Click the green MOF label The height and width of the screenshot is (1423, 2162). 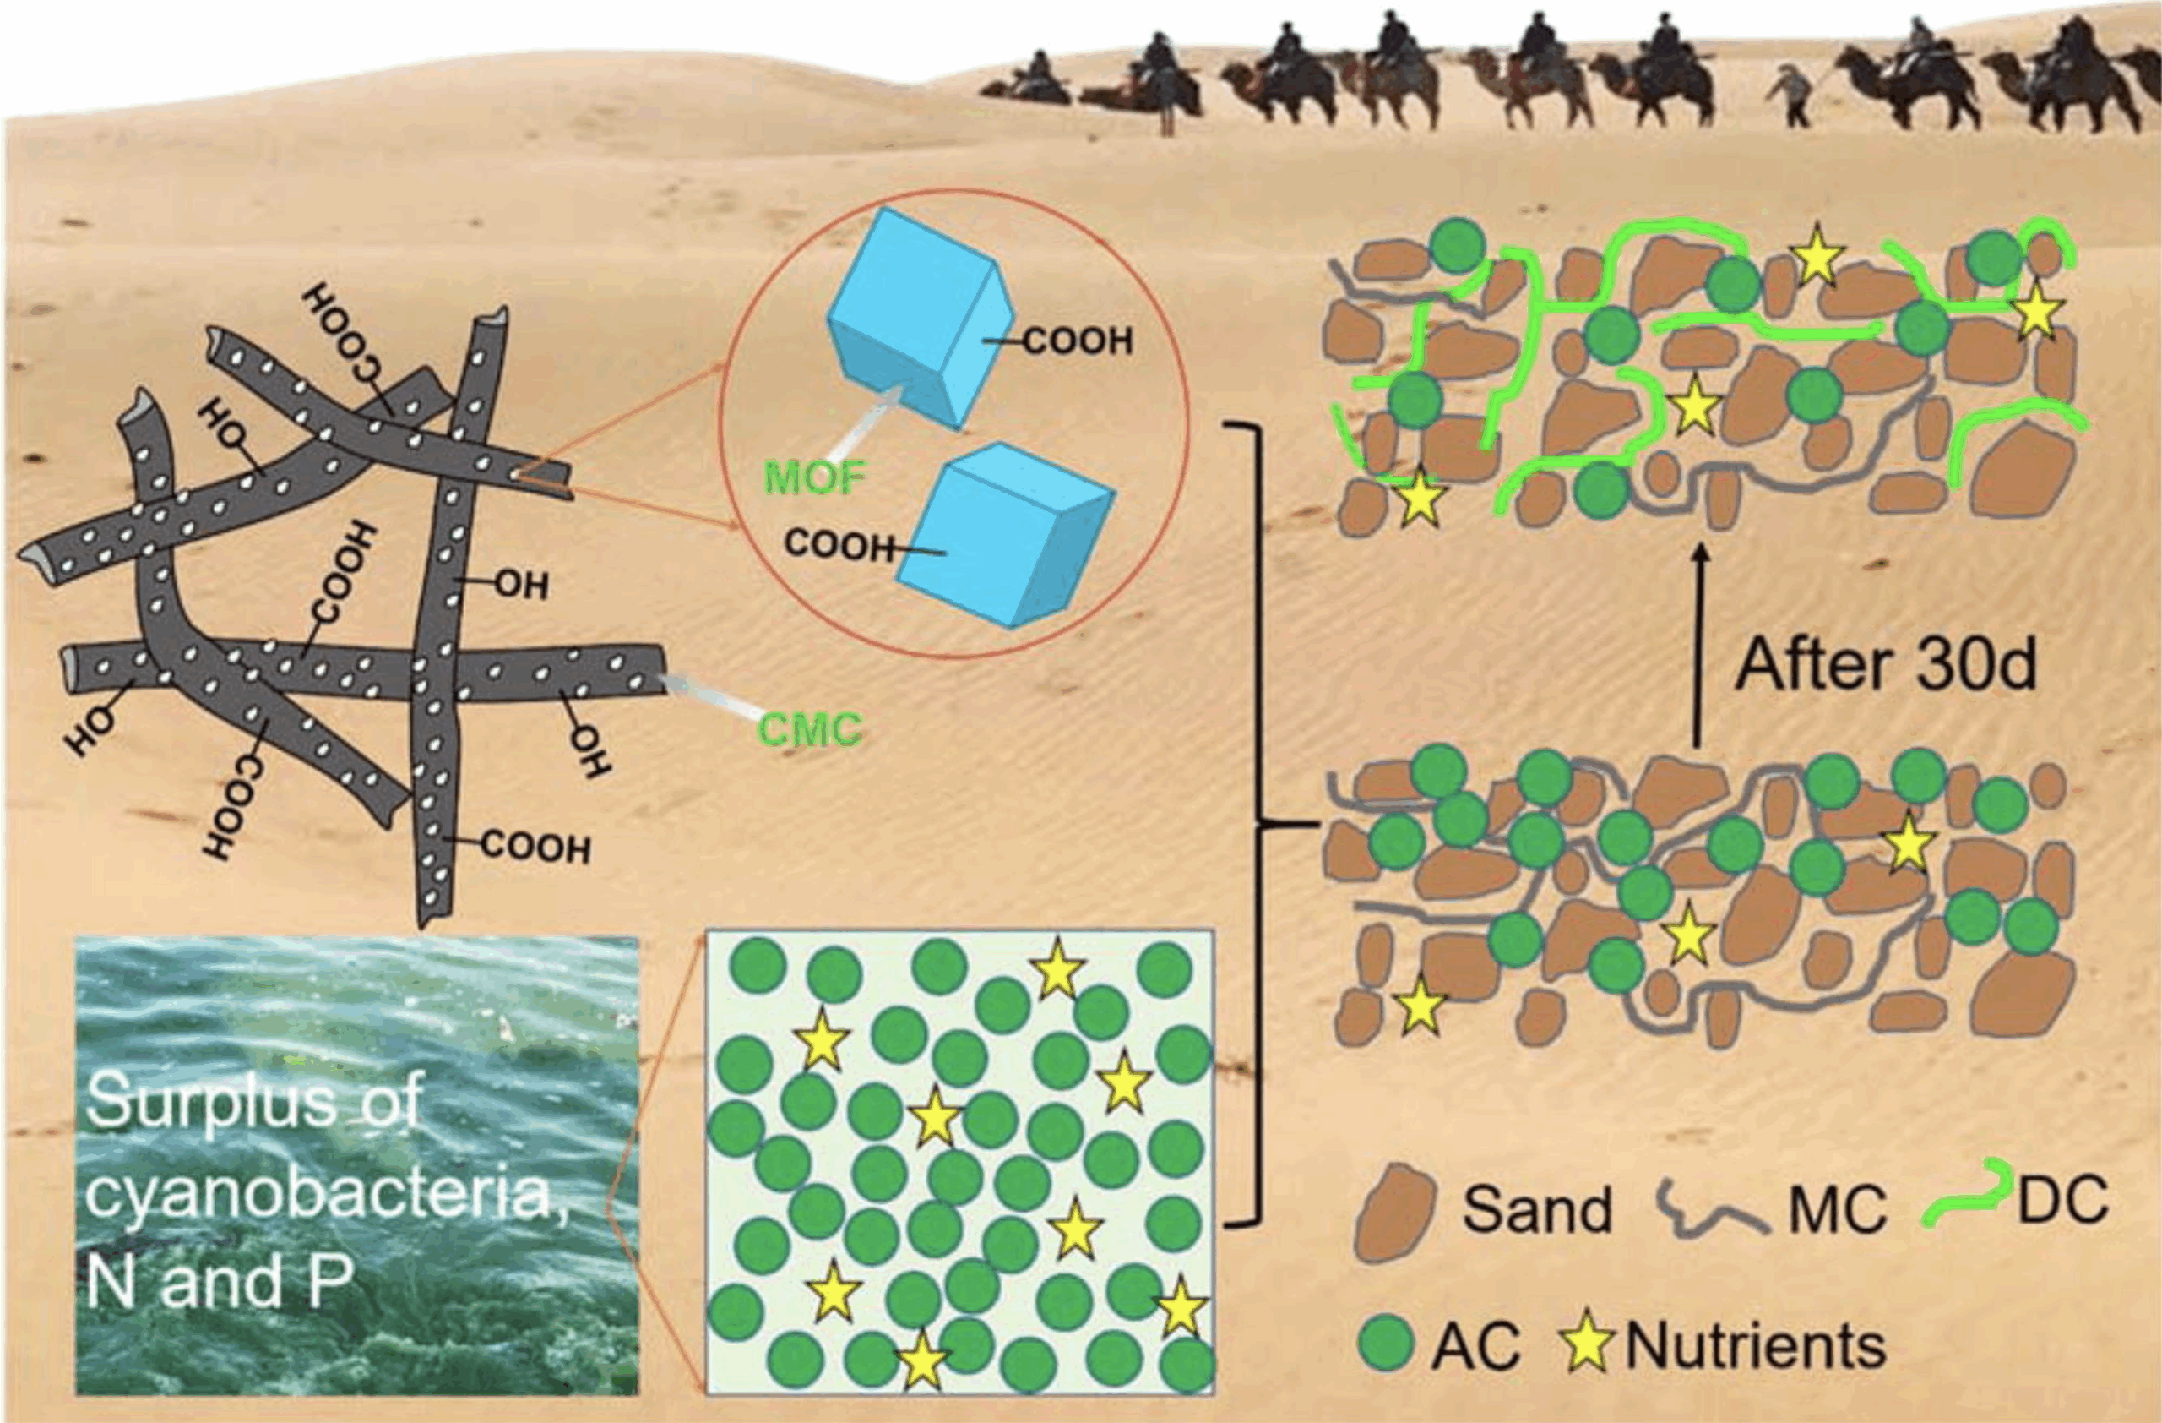(815, 477)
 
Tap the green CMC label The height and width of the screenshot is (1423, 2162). (809, 730)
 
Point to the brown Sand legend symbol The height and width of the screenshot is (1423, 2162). (1394, 1213)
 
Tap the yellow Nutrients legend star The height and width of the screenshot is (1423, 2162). (1587, 1341)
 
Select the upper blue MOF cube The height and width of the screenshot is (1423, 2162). (920, 317)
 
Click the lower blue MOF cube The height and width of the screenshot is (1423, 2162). (1006, 535)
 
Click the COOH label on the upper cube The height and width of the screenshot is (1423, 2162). (1078, 341)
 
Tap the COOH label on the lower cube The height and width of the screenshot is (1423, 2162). (839, 544)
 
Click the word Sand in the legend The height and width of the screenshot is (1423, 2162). (1537, 1210)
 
